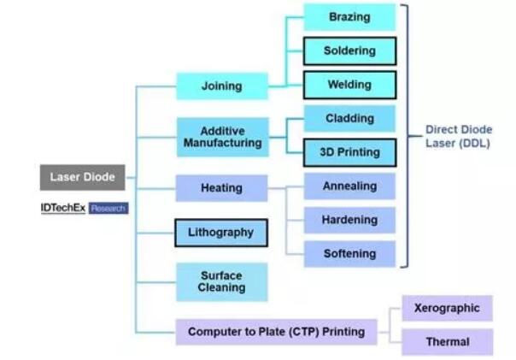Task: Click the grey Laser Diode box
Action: tap(82, 178)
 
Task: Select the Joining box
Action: tap(221, 86)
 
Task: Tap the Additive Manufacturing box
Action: tap(221, 137)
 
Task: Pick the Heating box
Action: tap(221, 188)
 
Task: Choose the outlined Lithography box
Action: tap(220, 233)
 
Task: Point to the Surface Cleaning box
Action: tap(221, 281)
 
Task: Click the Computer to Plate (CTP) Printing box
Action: tap(276, 332)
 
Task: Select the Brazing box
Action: tap(349, 17)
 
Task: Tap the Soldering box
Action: tap(349, 51)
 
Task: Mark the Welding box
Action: tap(349, 86)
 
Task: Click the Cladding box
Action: tap(349, 119)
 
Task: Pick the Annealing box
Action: tap(349, 186)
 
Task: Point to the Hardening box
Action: tap(349, 220)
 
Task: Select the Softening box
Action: tap(349, 254)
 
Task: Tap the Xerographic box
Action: tap(447, 308)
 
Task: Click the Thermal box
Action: tap(447, 342)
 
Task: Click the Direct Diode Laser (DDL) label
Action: tap(459, 137)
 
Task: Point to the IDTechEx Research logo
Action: tap(84, 208)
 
